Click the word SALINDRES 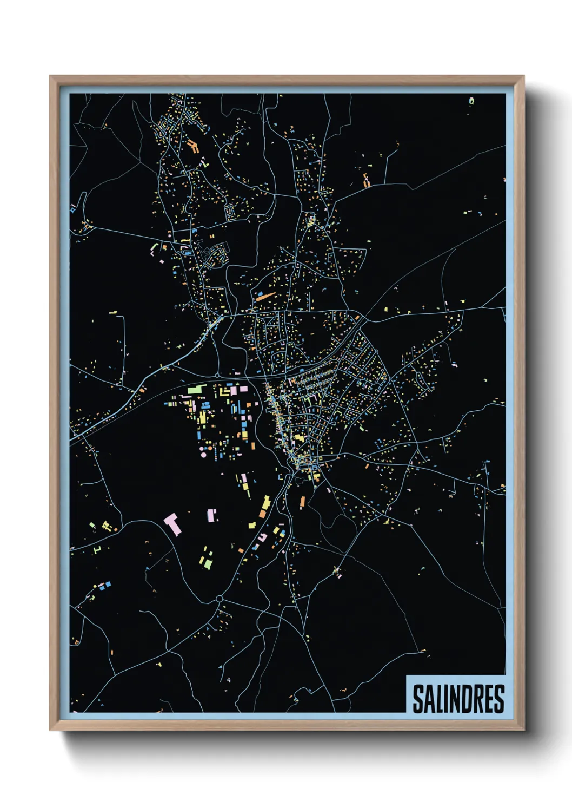point(458,699)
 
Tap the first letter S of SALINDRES point(418,699)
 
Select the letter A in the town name point(429,699)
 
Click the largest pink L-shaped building point(172,524)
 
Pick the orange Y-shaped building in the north point(193,146)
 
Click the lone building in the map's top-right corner point(471,101)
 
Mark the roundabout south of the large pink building point(219,599)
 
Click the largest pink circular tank point(203,449)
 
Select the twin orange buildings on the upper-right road point(365,180)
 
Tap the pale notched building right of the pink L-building point(212,515)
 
